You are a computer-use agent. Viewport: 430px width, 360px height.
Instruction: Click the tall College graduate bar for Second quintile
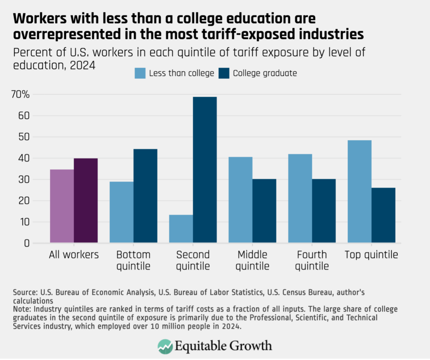[205, 170]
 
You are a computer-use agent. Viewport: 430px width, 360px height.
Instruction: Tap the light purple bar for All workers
[62, 206]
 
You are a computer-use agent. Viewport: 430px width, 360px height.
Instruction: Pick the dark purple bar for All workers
[86, 200]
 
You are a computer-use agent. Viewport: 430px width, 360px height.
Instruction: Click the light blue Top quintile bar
[360, 191]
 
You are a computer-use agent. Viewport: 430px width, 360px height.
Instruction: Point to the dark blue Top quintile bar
[383, 215]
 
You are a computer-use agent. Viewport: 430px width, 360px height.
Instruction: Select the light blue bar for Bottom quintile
[121, 212]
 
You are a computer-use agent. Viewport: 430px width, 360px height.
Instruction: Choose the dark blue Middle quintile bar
[264, 211]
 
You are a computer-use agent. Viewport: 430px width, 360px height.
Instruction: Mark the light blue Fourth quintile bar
[300, 198]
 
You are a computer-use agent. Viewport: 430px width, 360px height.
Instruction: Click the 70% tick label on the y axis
[20, 95]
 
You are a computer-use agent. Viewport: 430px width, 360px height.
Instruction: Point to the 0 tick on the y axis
[27, 243]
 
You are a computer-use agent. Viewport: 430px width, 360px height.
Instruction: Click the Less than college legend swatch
[140, 73]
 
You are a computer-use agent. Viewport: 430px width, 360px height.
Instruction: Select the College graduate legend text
[265, 73]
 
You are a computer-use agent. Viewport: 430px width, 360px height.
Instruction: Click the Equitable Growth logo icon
[165, 346]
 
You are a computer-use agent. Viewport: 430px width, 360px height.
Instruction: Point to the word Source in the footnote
[24, 293]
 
